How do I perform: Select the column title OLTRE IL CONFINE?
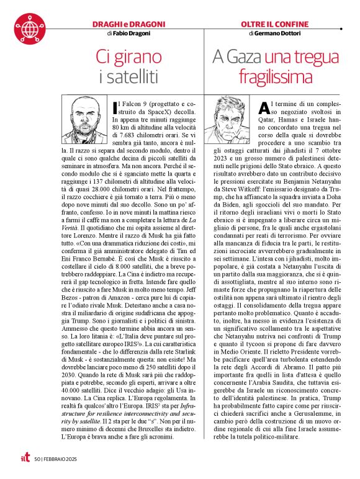pyautogui.click(x=274, y=24)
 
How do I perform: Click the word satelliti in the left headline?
pyautogui.click(x=135, y=78)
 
